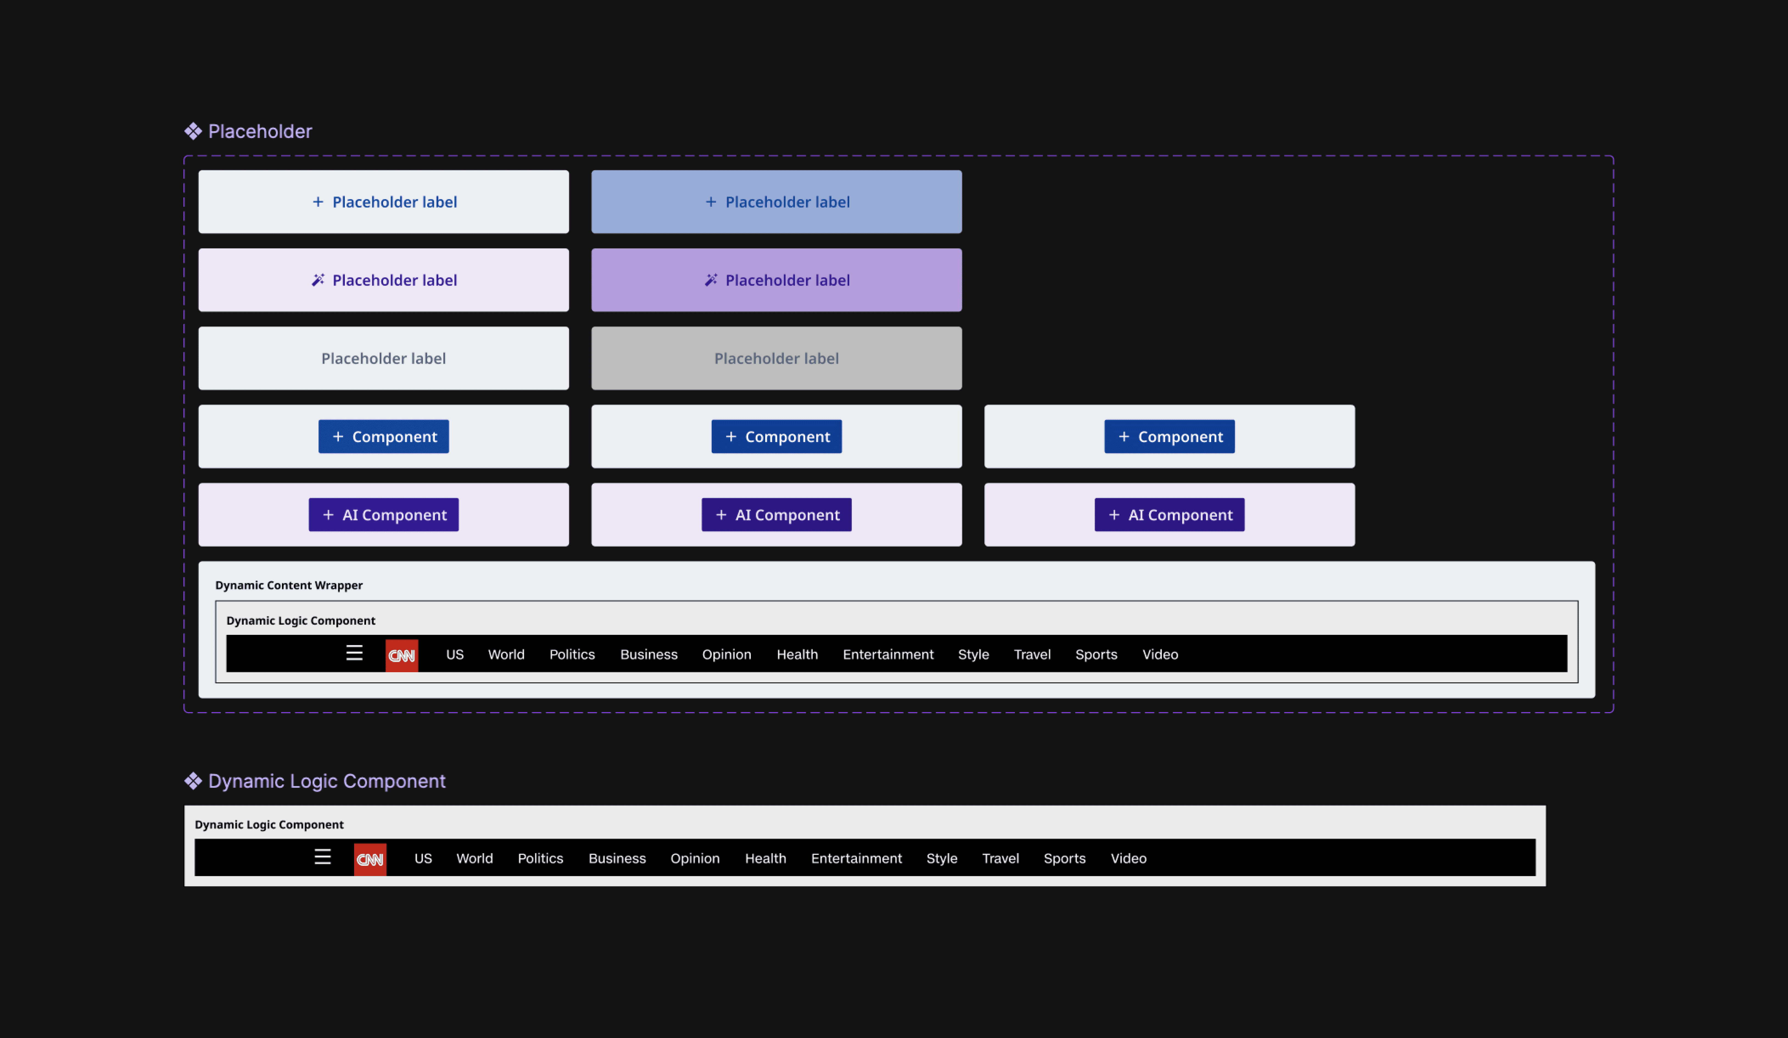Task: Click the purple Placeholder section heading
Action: (x=260, y=131)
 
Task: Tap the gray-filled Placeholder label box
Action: (x=776, y=358)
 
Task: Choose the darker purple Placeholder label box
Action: (x=776, y=280)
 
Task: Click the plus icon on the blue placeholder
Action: (x=710, y=202)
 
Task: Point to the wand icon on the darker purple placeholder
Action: (x=710, y=280)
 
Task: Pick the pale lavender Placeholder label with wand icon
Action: (x=383, y=280)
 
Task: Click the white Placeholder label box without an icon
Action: (x=383, y=358)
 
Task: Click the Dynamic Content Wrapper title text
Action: (x=289, y=585)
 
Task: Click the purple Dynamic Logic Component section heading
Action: (x=326, y=781)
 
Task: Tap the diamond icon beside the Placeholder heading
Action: (x=193, y=131)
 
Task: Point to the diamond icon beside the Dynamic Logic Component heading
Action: (x=193, y=781)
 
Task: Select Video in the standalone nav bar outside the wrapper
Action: (x=1128, y=858)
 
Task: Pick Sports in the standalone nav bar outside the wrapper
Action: (x=1064, y=858)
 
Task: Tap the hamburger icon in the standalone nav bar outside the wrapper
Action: (x=323, y=857)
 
